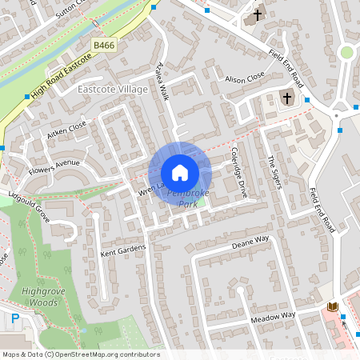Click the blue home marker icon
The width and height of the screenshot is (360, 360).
180,173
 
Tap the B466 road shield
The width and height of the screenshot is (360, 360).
103,46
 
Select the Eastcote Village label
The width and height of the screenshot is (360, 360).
113,90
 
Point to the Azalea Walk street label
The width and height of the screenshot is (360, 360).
165,82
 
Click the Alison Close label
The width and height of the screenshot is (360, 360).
244,78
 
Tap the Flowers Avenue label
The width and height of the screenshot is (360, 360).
54,169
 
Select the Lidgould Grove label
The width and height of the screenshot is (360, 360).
30,206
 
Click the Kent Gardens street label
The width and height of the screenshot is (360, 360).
123,250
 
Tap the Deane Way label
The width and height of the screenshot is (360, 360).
250,242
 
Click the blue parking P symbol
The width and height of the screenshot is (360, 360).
15,319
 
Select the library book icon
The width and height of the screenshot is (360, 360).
333,307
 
